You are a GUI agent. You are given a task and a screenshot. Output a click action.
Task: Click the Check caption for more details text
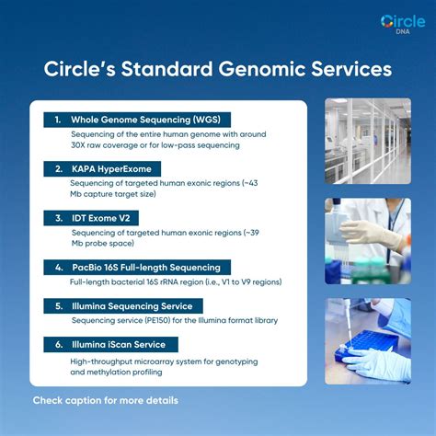[105, 401]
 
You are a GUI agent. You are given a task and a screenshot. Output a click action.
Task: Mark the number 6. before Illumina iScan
[57, 345]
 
